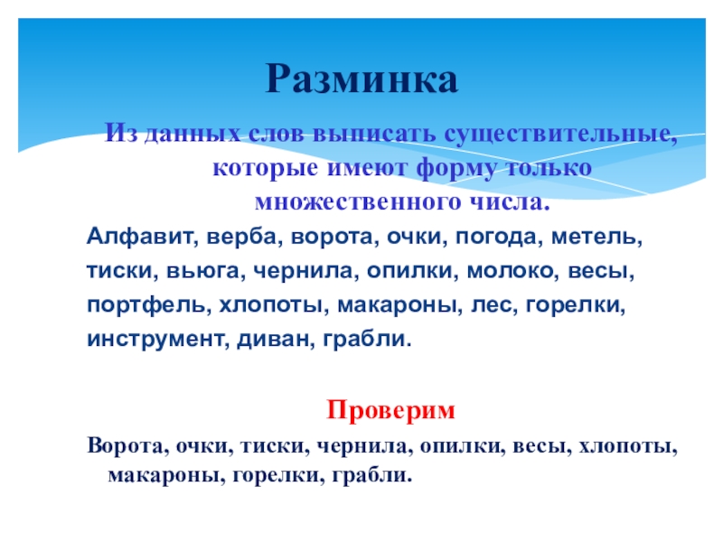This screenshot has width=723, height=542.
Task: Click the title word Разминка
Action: click(x=361, y=79)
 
